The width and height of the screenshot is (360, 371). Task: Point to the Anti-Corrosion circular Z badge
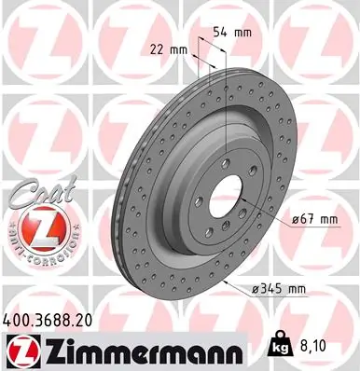[x=36, y=224]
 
